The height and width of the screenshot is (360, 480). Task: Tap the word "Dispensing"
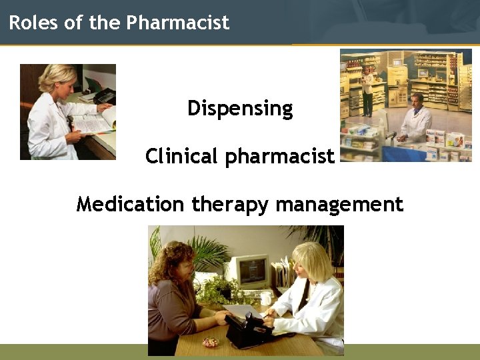pos(240,108)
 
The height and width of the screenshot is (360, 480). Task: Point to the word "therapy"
pos(231,204)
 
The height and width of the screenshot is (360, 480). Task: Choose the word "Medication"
pos(130,203)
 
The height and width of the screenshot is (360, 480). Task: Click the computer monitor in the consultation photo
pos(251,270)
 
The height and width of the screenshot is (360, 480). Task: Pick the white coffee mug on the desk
pos(266,297)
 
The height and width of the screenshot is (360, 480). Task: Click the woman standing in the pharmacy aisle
pos(367,90)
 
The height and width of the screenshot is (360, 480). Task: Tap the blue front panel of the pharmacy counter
pos(407,153)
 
